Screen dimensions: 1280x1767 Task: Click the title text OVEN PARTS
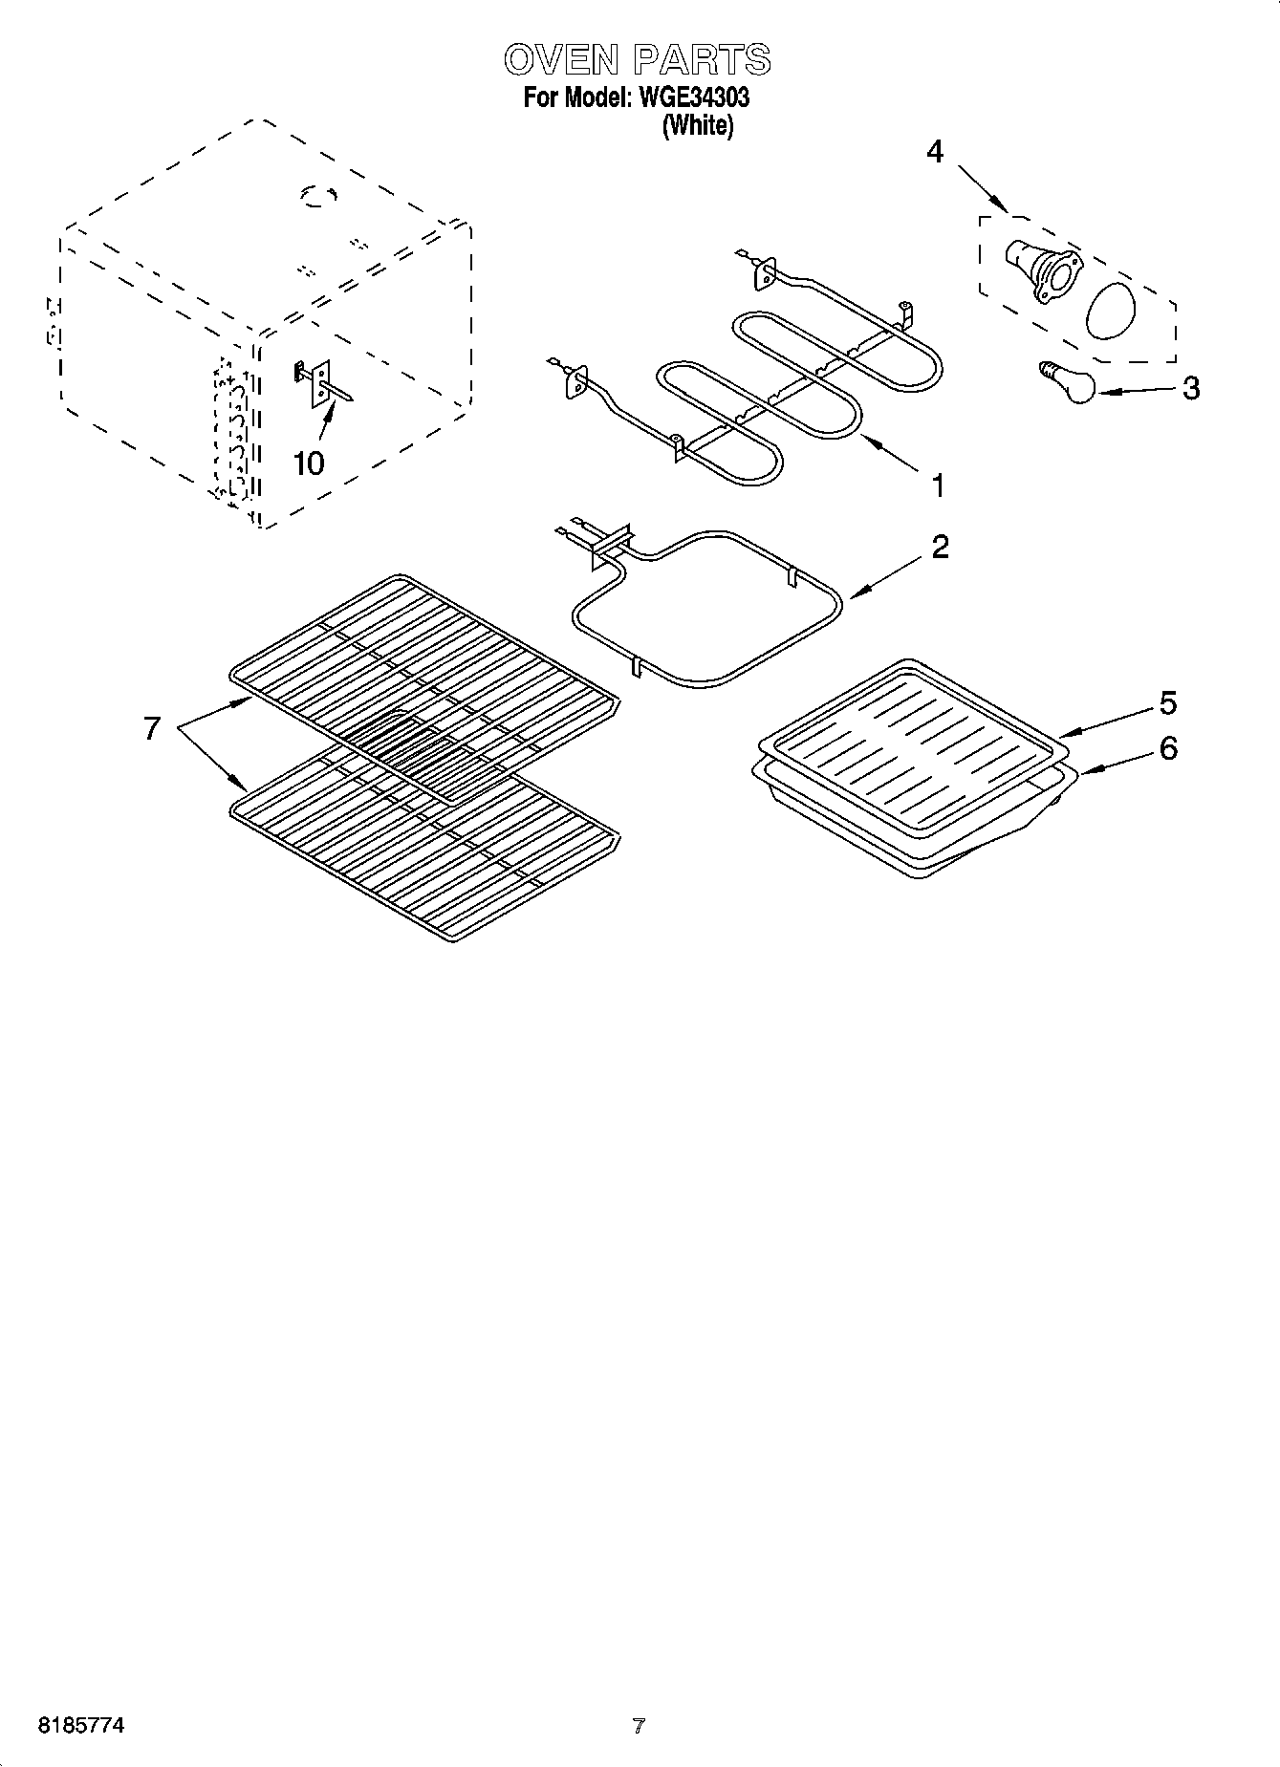point(637,59)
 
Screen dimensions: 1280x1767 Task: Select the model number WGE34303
point(687,97)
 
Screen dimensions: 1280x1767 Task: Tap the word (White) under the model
point(698,125)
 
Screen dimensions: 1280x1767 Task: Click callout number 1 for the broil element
point(938,485)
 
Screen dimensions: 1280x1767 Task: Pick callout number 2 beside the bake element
point(940,548)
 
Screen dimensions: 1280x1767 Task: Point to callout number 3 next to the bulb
point(1190,388)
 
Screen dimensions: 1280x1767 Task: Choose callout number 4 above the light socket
point(935,151)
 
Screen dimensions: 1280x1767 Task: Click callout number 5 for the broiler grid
point(1168,703)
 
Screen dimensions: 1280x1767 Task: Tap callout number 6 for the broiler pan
point(1168,747)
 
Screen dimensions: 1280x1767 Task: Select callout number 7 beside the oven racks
point(151,728)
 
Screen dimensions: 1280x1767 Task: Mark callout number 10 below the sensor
point(309,463)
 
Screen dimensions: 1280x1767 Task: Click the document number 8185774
point(80,1726)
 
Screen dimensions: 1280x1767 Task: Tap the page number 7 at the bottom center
point(639,1726)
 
